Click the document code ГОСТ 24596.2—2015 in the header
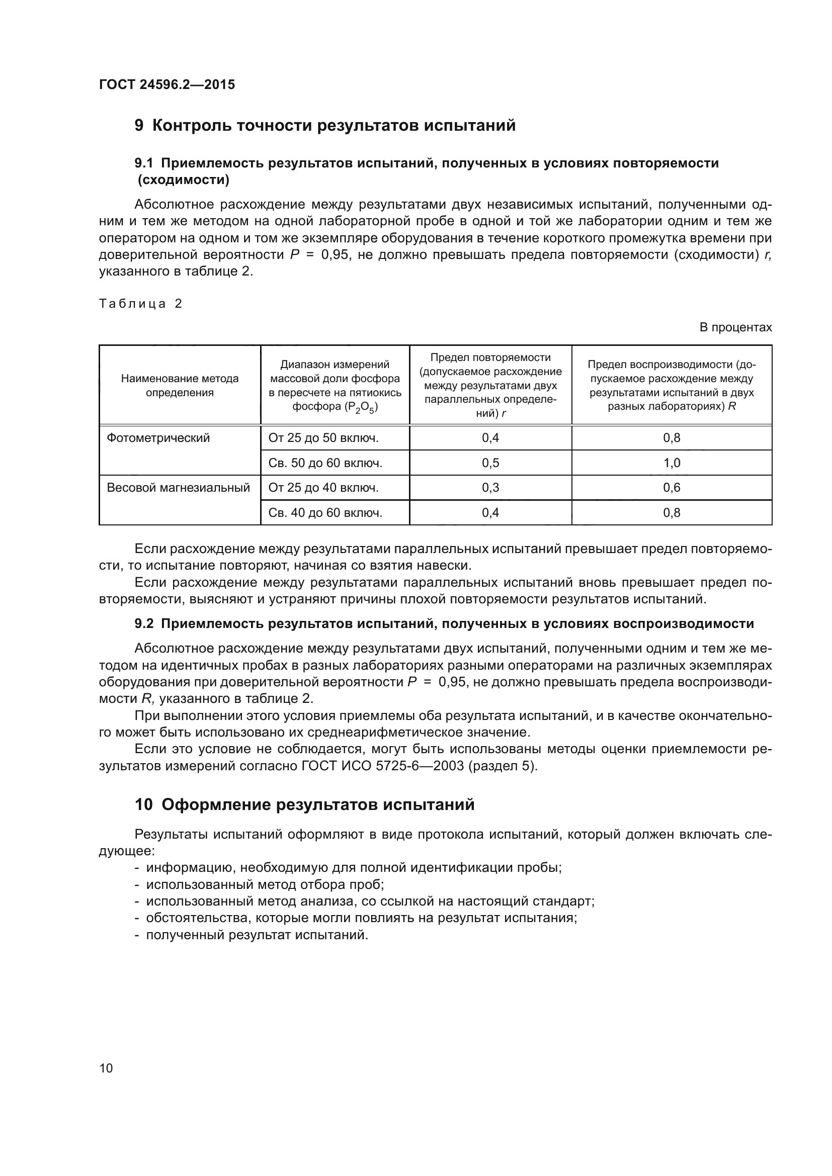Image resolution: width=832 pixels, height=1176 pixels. tap(167, 84)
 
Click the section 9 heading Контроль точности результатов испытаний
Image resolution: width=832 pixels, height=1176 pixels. tap(325, 126)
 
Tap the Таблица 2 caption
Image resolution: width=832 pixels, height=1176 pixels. tap(141, 304)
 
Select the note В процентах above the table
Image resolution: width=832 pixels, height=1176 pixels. tap(735, 327)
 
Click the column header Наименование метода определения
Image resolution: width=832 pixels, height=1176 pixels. tap(180, 386)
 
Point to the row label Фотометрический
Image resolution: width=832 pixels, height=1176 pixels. tap(158, 438)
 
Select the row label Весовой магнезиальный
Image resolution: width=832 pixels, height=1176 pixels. tap(178, 488)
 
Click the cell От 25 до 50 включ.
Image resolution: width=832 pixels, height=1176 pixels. tap(323, 438)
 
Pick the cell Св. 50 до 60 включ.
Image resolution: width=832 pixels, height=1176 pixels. tap(325, 463)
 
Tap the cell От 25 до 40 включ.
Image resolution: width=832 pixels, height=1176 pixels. tap(323, 488)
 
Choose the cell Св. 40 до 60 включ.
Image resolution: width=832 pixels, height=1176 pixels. tap(325, 513)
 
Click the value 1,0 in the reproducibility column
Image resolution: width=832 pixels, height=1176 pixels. tap(672, 463)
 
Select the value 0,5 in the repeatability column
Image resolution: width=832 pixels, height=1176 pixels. tap(490, 463)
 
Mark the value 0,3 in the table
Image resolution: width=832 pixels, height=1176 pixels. tap(490, 488)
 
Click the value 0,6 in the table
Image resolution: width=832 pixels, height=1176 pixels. tap(672, 488)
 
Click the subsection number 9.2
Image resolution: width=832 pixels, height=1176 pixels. tap(144, 624)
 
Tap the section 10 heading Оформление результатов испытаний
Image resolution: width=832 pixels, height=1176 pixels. tap(304, 804)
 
